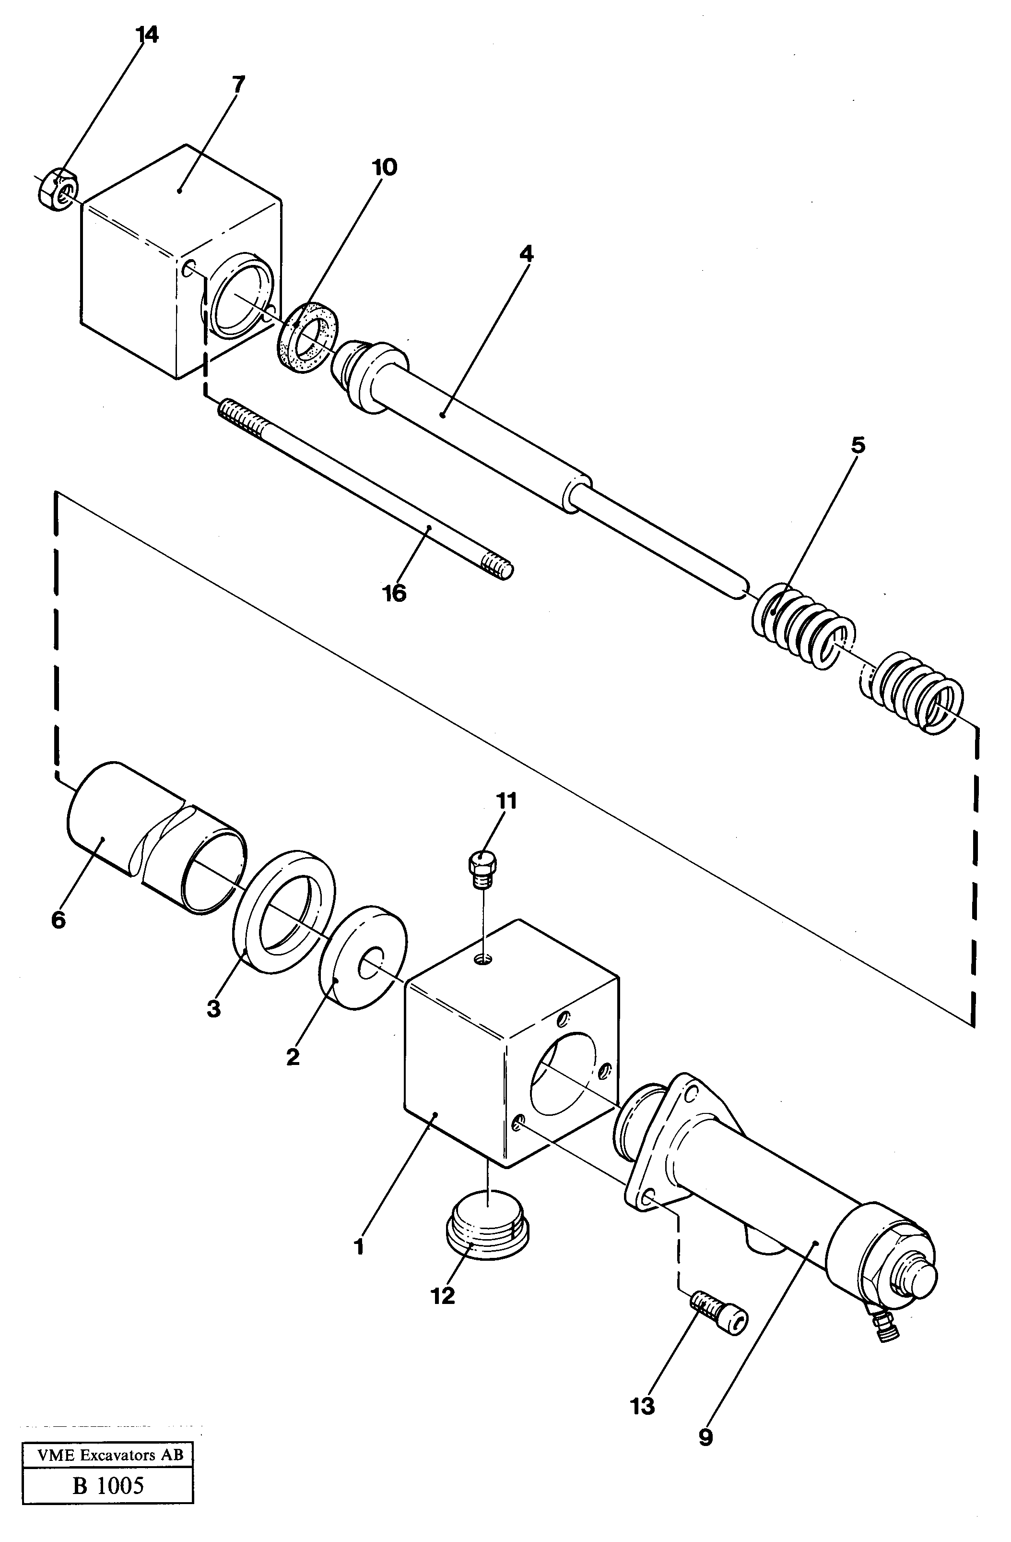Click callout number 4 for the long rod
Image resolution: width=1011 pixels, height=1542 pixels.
[527, 254]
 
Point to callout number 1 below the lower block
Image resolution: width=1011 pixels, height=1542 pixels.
[359, 1246]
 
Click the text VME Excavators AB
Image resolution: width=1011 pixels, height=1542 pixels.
[108, 1455]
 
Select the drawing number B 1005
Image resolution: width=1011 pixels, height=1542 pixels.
[108, 1484]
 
